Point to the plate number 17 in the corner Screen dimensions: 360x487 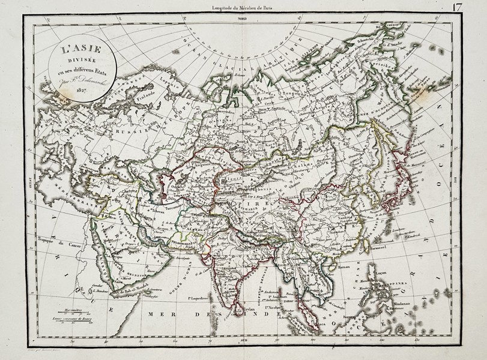click(474, 8)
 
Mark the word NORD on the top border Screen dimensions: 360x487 click(243, 19)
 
